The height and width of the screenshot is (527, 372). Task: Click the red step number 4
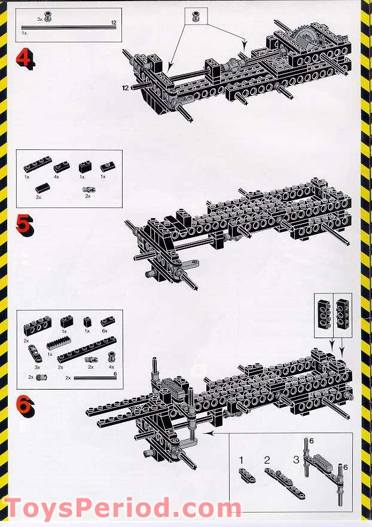(25, 59)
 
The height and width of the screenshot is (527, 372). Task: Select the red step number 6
(25, 407)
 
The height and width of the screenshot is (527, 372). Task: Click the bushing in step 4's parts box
(47, 17)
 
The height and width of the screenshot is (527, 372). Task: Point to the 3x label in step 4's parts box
(39, 20)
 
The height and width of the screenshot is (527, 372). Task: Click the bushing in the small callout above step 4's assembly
(195, 16)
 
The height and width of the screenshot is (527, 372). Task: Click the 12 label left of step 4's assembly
(126, 88)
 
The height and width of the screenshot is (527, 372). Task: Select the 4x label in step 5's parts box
(56, 177)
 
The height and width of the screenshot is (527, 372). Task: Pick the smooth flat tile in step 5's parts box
(42, 188)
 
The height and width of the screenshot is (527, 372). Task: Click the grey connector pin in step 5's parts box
(89, 189)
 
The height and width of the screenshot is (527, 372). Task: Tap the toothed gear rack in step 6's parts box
(59, 344)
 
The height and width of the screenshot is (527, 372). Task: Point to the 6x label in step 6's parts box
(105, 331)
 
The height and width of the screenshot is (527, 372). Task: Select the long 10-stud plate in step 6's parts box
(87, 349)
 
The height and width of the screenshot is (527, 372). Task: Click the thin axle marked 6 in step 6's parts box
(95, 378)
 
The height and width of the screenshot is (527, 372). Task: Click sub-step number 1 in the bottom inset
(241, 460)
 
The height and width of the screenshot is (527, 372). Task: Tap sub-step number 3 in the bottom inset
(296, 459)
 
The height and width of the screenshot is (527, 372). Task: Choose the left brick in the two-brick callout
(324, 314)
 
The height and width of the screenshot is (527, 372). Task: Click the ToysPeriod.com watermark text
(123, 507)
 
